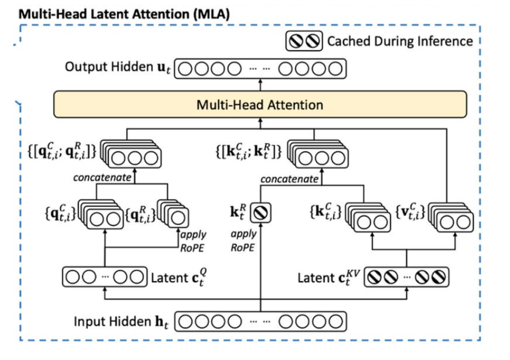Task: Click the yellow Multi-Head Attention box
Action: [260, 104]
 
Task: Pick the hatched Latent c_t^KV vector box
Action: [406, 277]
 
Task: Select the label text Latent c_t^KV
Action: [329, 278]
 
